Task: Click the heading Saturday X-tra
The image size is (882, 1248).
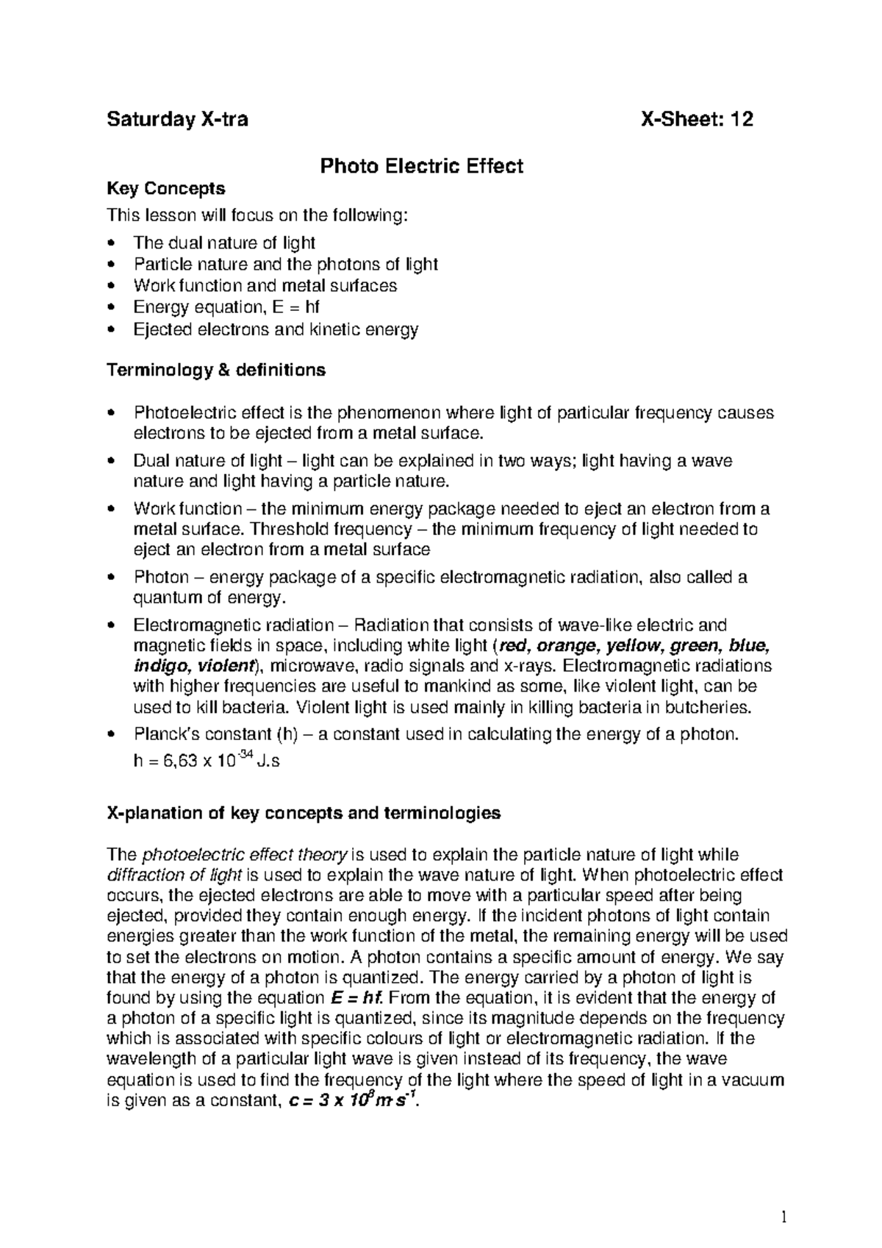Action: pyautogui.click(x=177, y=119)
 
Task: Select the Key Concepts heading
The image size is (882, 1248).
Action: pyautogui.click(x=166, y=189)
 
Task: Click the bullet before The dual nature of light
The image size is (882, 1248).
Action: pyautogui.click(x=111, y=243)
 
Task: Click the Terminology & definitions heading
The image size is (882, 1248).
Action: pyautogui.click(x=216, y=370)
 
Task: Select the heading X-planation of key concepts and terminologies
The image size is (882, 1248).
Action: pyautogui.click(x=304, y=813)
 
